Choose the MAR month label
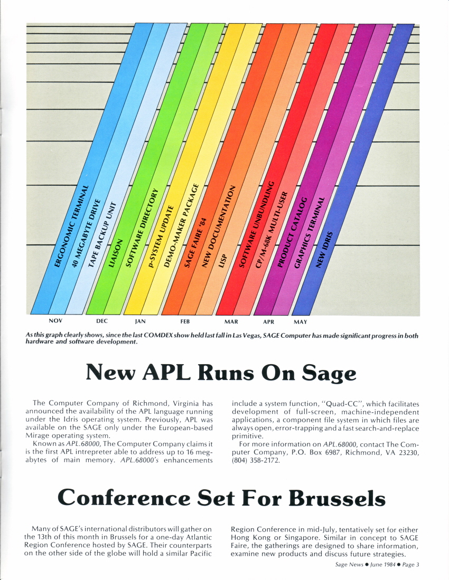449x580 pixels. [x=231, y=321]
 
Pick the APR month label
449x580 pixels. [x=268, y=321]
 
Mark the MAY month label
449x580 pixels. [x=300, y=321]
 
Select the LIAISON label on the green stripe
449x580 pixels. [x=116, y=253]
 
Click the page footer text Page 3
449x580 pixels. [x=409, y=565]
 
